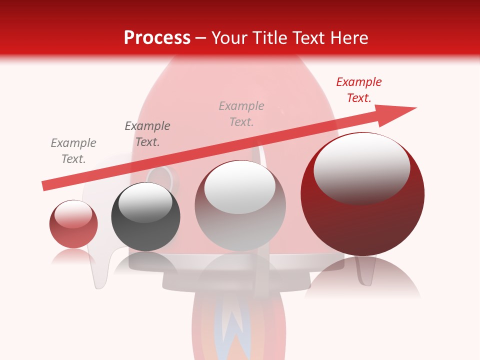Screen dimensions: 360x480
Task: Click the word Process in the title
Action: (x=157, y=38)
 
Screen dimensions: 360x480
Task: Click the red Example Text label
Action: (x=359, y=90)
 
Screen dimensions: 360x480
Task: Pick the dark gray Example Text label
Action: (x=147, y=134)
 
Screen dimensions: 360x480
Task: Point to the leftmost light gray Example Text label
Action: (x=73, y=151)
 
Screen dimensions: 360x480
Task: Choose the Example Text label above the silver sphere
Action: (x=241, y=114)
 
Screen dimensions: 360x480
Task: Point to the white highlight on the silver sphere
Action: (x=240, y=186)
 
